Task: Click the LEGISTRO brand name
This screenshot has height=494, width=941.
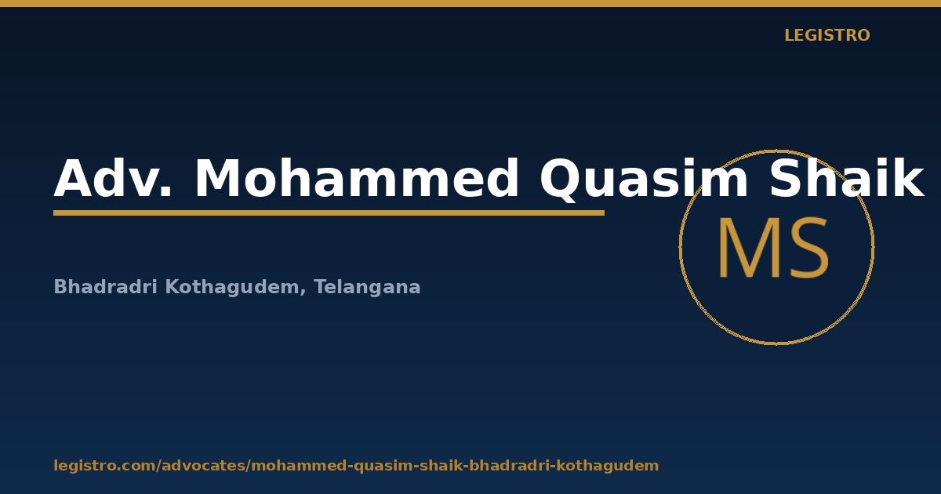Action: (x=827, y=35)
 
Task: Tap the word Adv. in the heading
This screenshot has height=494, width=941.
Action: (x=114, y=179)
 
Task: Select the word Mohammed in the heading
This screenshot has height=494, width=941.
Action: (x=357, y=179)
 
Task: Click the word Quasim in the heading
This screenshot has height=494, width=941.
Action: (x=644, y=180)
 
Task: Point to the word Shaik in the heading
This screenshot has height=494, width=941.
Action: (x=846, y=178)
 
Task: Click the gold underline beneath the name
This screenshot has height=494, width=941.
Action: (x=329, y=213)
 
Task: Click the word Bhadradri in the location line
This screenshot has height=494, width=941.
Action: (x=105, y=287)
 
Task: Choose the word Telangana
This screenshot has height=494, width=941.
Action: (x=367, y=288)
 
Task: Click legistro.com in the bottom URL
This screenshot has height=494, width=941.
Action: (x=104, y=466)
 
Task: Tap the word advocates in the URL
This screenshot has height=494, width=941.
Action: (x=203, y=466)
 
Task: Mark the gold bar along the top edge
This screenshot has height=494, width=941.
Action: (x=470, y=3)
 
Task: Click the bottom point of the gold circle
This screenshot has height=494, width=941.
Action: (x=777, y=344)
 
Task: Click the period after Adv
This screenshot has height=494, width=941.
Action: (x=167, y=192)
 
